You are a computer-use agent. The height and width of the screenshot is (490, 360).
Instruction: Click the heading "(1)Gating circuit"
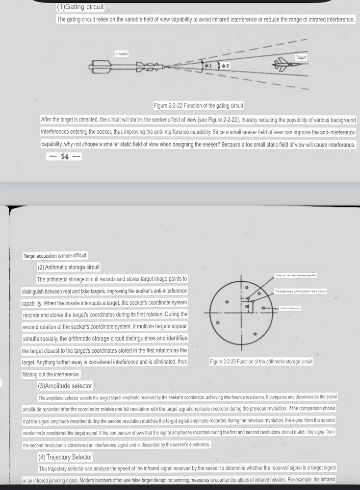coord(80,7)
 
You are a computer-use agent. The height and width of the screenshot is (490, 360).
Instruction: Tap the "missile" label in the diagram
coord(122,53)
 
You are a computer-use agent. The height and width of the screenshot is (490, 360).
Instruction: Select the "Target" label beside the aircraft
coord(301,58)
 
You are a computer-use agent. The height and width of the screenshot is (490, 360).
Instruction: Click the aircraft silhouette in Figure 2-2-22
coord(285,64)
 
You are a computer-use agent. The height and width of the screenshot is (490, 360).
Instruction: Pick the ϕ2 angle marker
coord(225,65)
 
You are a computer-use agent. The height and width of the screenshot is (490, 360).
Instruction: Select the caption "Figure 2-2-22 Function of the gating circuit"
coord(198,106)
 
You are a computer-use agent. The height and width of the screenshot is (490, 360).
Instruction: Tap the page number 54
coord(64,157)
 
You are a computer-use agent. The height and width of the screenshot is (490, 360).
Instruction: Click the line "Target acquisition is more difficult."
coord(55,256)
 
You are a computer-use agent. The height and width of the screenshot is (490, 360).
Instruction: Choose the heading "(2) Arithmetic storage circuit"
coord(69,267)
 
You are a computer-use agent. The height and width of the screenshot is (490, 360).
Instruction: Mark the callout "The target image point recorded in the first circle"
coord(300,292)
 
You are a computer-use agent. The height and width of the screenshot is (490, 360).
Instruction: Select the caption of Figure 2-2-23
coord(261,362)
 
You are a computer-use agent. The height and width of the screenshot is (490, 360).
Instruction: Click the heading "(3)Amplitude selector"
coord(65,386)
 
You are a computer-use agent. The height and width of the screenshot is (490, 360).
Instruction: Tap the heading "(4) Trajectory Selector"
coord(65,457)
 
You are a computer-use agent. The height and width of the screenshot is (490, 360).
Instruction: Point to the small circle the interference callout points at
coord(263,308)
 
